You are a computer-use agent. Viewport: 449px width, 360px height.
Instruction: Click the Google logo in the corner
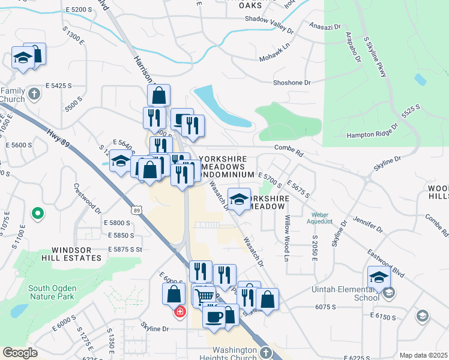click(x=20, y=353)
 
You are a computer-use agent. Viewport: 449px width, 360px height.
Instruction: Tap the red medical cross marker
click(x=179, y=312)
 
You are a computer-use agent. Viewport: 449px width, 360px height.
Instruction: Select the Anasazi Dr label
click(x=325, y=26)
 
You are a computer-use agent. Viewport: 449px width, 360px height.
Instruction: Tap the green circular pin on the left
click(x=37, y=213)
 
